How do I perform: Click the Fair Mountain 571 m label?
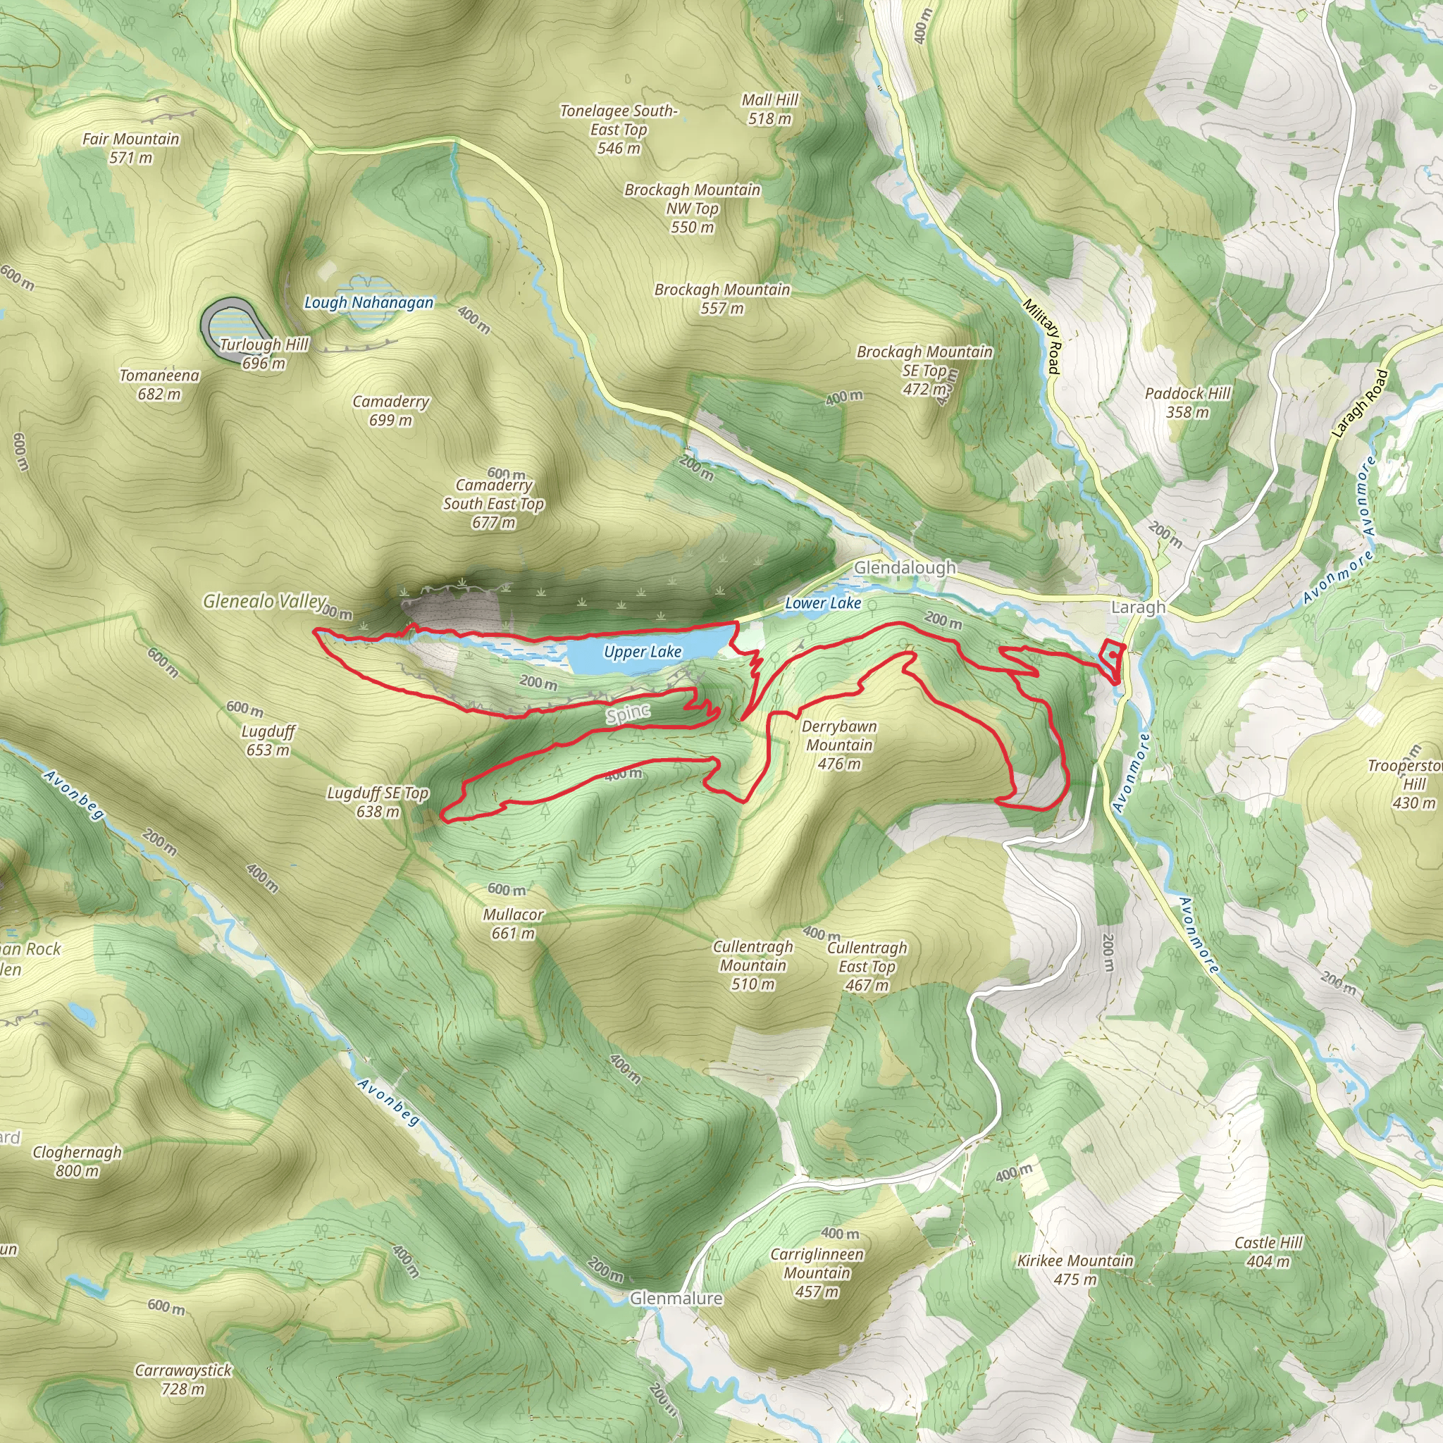(131, 148)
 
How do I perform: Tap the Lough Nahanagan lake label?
(369, 302)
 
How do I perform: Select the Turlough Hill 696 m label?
(264, 354)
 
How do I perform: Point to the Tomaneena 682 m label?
(159, 385)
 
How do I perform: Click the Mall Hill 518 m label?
(770, 109)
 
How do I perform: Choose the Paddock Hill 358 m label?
(1187, 402)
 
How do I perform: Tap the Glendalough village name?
(905, 568)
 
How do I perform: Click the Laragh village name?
(1137, 607)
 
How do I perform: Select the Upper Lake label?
(643, 652)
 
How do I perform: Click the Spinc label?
(628, 714)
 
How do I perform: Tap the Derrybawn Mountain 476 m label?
(838, 745)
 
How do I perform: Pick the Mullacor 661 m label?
(513, 924)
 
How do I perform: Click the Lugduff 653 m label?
(268, 741)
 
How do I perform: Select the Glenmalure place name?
(676, 1299)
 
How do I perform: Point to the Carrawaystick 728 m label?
(183, 1380)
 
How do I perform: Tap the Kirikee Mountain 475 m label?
(1074, 1270)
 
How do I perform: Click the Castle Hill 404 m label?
(1268, 1252)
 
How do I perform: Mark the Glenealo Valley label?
(265, 601)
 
